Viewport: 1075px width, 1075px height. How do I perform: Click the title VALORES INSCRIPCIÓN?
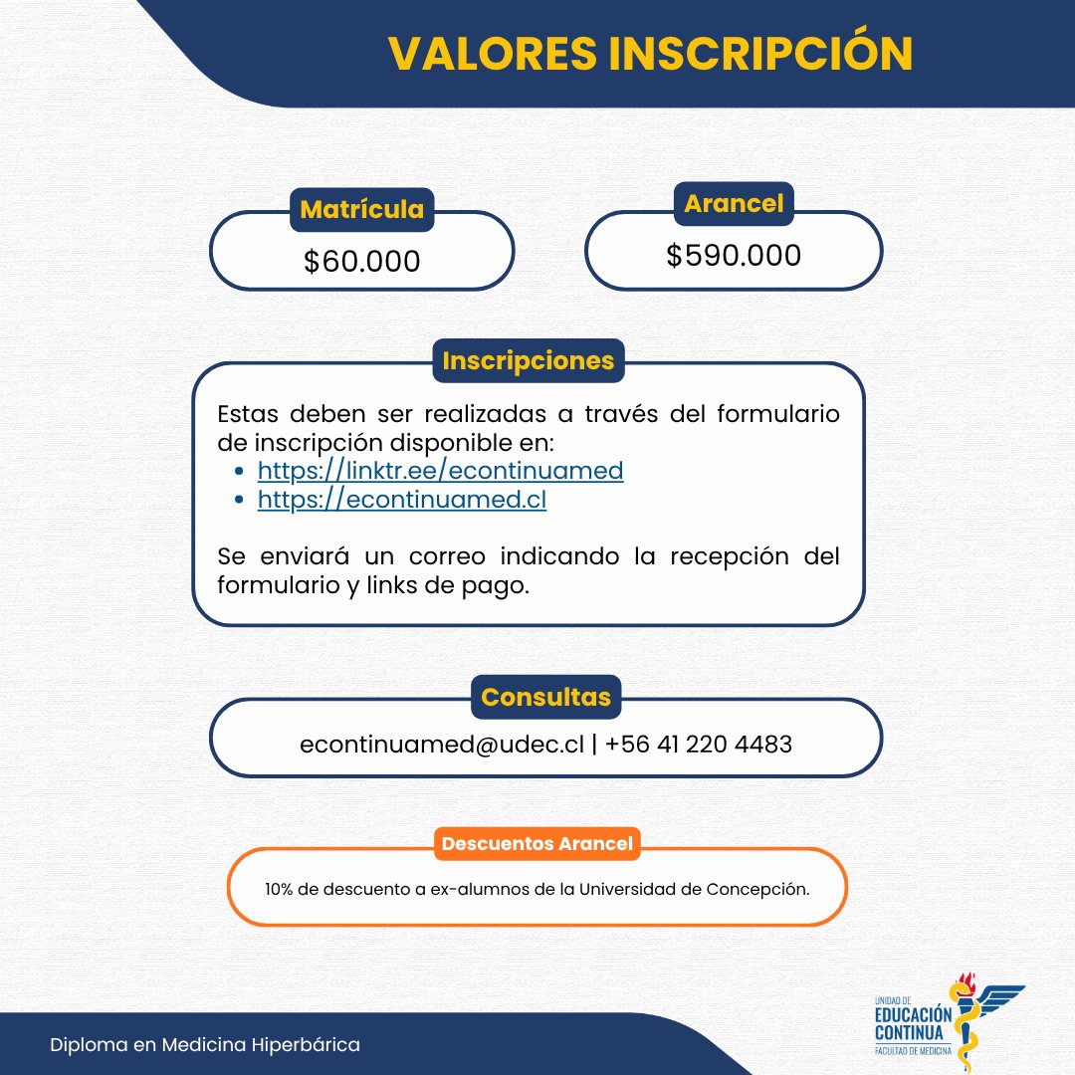(650, 54)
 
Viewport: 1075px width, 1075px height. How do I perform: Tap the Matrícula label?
(361, 210)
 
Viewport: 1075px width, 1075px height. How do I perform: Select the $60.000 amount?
(361, 261)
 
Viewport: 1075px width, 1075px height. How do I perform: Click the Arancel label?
(734, 204)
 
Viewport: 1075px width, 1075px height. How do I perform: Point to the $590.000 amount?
(734, 256)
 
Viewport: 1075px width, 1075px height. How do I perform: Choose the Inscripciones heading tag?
(529, 360)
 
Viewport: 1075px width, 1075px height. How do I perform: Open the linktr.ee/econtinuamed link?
(440, 470)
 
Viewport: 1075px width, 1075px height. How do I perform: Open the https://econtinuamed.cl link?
(402, 499)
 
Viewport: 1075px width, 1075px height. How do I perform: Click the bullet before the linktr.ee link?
(238, 472)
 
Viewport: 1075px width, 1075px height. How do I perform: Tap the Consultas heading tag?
(545, 697)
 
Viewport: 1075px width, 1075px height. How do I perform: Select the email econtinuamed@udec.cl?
(441, 744)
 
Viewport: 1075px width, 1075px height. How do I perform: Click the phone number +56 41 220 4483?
(698, 744)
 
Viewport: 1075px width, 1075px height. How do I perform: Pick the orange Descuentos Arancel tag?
(537, 844)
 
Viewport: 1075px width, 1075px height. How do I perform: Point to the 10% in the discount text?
(278, 889)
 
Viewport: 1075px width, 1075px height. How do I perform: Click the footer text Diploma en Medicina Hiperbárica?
(206, 1045)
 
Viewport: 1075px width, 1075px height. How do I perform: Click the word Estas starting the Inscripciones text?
(247, 413)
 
